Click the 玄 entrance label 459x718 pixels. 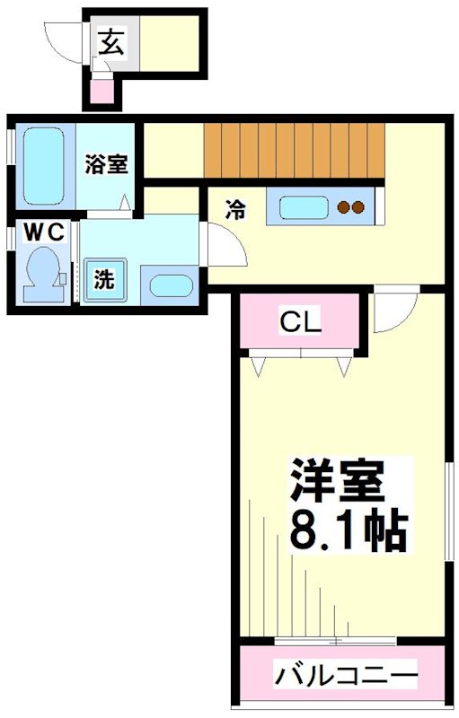point(111,41)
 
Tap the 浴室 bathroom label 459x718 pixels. point(106,164)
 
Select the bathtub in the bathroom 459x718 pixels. point(43,165)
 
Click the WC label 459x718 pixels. point(44,233)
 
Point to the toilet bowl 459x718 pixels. point(43,274)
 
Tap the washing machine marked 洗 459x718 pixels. point(105,280)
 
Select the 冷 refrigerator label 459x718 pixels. point(235,210)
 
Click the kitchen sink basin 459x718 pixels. point(305,208)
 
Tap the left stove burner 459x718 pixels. point(344,207)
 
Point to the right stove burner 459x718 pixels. point(358,207)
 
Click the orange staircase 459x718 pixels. point(294,151)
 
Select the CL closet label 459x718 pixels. point(300,322)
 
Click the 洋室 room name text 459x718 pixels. point(336,481)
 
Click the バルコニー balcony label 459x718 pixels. point(346,675)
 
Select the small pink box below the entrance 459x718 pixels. point(102,92)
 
